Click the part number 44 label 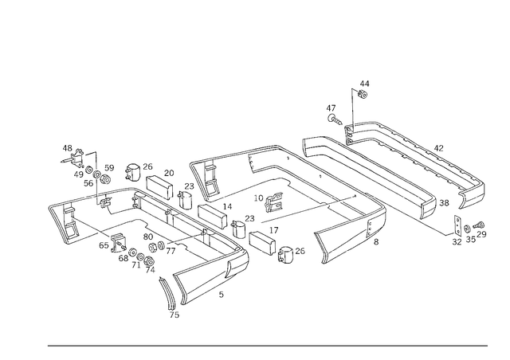pos(364,84)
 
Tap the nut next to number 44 pos(363,94)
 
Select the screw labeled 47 pos(335,119)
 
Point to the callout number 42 pos(438,148)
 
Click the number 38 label pos(444,203)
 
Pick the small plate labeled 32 pos(457,225)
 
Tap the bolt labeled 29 pos(480,225)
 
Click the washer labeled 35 pos(467,229)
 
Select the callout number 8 pos(376,241)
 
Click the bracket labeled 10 pos(273,202)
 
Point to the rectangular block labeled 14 pos(212,215)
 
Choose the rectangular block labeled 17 pos(262,243)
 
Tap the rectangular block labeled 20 pos(159,187)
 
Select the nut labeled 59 pos(105,179)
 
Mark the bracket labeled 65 pos(117,243)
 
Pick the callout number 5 pos(222,295)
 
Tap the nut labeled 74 pos(149,260)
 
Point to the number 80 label pos(148,237)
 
